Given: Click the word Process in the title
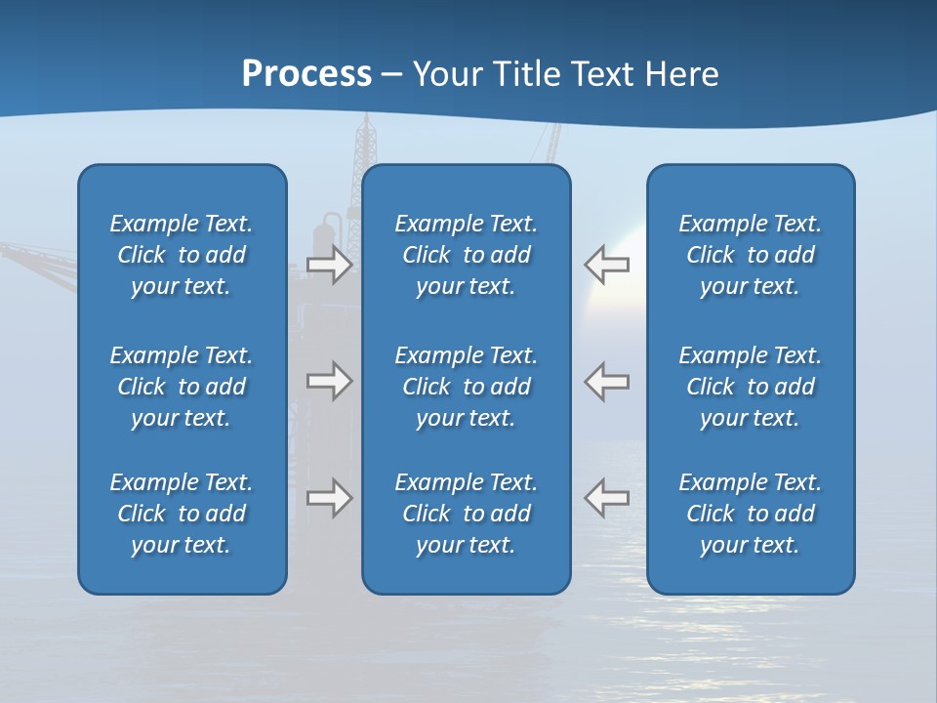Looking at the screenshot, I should pyautogui.click(x=306, y=74).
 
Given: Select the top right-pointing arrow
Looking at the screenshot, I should pyautogui.click(x=329, y=265).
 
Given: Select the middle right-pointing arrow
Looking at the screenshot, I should pyautogui.click(x=329, y=381).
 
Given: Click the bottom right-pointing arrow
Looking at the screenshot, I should pyautogui.click(x=329, y=497).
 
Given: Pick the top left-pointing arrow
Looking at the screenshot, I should pyautogui.click(x=606, y=265).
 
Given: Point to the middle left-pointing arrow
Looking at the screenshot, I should pyautogui.click(x=606, y=381).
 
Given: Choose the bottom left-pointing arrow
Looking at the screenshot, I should pyautogui.click(x=606, y=497).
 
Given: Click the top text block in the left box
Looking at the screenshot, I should pyautogui.click(x=182, y=255).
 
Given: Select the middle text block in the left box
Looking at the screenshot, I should pyautogui.click(x=182, y=387).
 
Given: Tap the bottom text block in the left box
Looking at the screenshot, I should pyautogui.click(x=182, y=514).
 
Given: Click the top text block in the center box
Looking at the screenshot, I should pyautogui.click(x=466, y=255).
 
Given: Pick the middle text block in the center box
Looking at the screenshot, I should pyautogui.click(x=466, y=387).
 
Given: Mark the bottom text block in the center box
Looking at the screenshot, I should pyautogui.click(x=466, y=514).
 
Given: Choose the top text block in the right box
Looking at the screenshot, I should pyautogui.click(x=750, y=255).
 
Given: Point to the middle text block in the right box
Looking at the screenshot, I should pyautogui.click(x=750, y=387).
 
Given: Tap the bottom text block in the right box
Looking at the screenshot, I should pyautogui.click(x=750, y=514).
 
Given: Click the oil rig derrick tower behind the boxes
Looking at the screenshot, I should pyautogui.click(x=366, y=143).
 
